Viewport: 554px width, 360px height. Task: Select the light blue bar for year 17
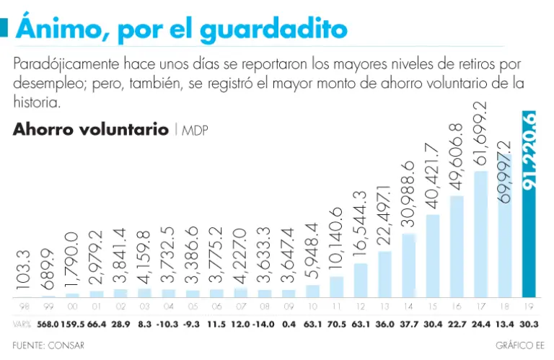point(480,234)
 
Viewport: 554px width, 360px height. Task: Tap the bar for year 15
point(433,255)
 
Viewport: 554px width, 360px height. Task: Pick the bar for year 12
point(361,280)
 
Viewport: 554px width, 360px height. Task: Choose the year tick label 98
point(24,306)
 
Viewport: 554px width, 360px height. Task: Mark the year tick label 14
point(408,306)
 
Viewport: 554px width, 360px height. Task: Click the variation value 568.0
point(48,324)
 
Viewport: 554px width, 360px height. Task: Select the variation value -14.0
point(264,324)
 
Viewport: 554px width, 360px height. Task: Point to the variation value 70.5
point(336,324)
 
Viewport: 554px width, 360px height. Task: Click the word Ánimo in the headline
point(60,29)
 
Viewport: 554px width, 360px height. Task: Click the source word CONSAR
point(66,345)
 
